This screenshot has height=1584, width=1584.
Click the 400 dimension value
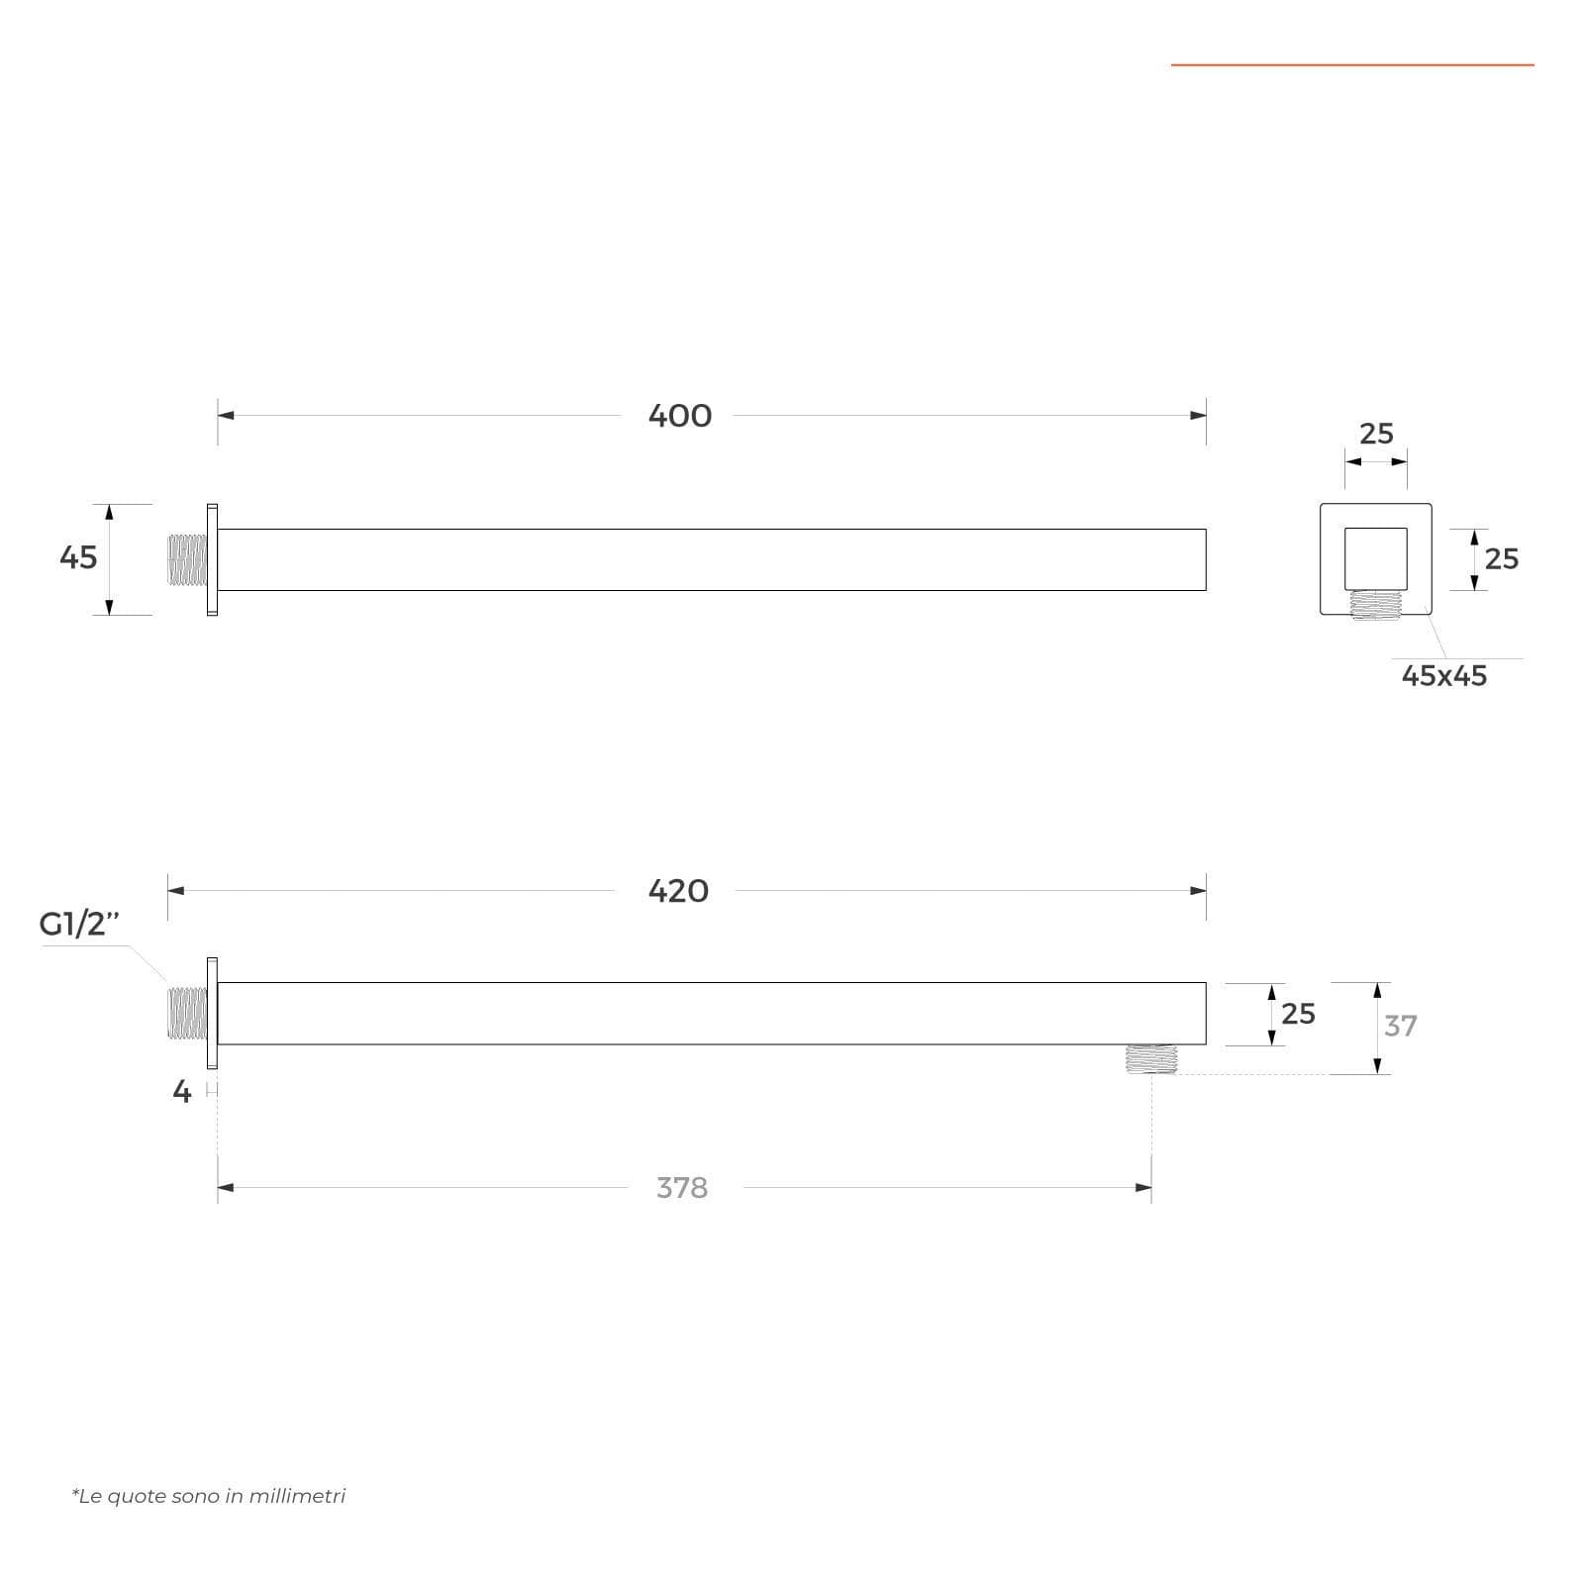pyautogui.click(x=680, y=416)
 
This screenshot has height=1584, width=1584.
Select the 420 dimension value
pyautogui.click(x=678, y=891)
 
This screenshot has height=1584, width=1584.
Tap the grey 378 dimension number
pyautogui.click(x=682, y=1187)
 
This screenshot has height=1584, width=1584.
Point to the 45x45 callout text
pyautogui.click(x=1444, y=675)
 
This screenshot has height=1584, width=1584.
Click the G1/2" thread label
pyautogui.click(x=79, y=924)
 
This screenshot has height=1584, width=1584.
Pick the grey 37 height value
pyautogui.click(x=1401, y=1026)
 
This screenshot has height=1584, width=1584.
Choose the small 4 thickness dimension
pyautogui.click(x=181, y=1091)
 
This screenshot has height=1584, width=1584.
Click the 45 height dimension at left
pyautogui.click(x=78, y=557)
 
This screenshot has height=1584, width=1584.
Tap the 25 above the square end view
pyautogui.click(x=1376, y=434)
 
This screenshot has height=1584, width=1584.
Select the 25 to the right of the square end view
pyautogui.click(x=1502, y=559)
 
